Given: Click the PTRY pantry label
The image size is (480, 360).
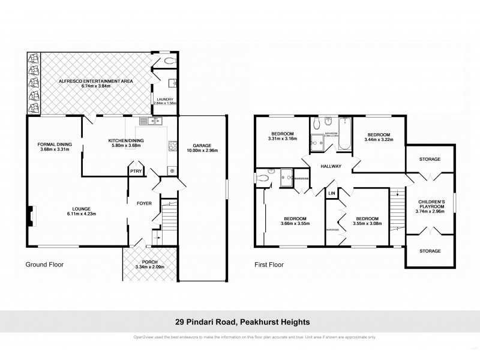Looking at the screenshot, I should [x=135, y=170].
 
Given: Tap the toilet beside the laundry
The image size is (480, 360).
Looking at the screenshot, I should [x=169, y=62].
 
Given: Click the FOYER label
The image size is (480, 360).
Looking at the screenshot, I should [x=144, y=203].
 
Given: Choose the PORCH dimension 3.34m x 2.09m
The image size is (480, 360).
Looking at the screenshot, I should [x=149, y=267].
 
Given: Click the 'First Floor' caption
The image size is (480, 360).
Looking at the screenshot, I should [x=268, y=265].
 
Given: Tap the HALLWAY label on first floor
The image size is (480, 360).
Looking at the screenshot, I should [x=331, y=166].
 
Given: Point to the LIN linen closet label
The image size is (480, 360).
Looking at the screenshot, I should [x=331, y=193].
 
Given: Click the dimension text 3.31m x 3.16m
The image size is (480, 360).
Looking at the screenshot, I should [x=282, y=139].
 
